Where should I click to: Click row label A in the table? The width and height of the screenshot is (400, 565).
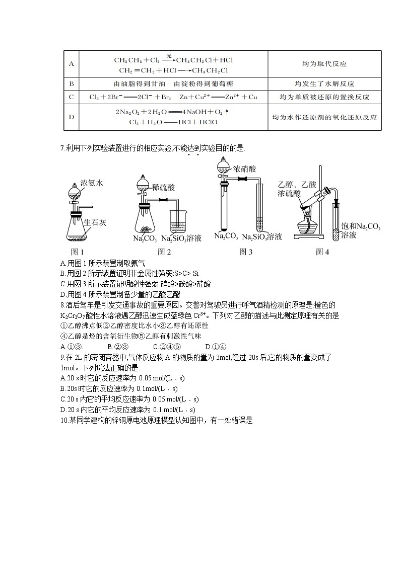[x=71, y=64]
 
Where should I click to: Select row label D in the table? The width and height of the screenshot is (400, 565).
[x=71, y=117]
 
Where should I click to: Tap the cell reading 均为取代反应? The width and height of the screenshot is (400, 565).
[x=324, y=64]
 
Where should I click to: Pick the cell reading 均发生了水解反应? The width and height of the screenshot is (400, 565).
[x=324, y=84]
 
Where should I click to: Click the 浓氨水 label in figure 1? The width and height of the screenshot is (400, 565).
[x=92, y=184]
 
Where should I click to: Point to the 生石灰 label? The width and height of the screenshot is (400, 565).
[x=94, y=222]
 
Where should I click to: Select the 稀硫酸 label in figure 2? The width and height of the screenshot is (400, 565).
[x=163, y=187]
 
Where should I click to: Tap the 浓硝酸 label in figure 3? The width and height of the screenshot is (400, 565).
[x=245, y=170]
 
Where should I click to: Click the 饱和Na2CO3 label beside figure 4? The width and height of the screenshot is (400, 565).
[x=361, y=227]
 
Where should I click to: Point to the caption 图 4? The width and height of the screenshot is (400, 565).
[x=322, y=252]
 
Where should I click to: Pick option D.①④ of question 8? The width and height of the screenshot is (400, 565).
[x=216, y=347]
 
